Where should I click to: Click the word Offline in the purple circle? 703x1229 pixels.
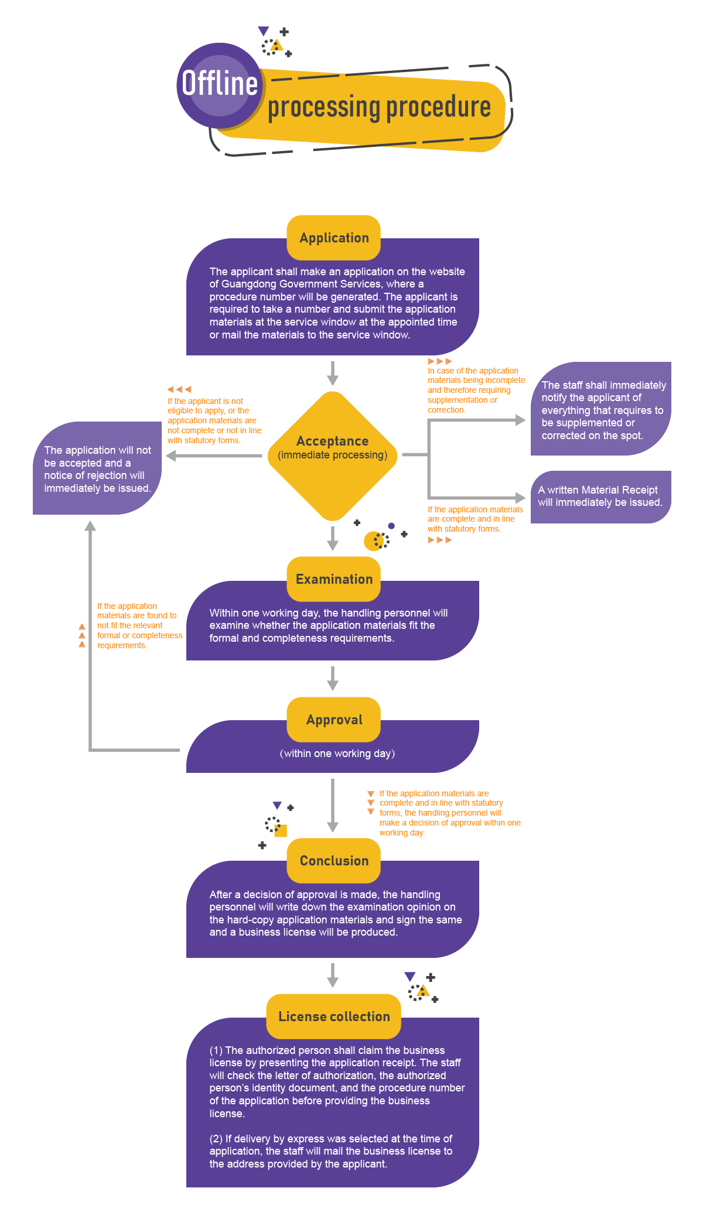pyautogui.click(x=220, y=83)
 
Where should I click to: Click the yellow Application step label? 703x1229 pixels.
pyautogui.click(x=334, y=238)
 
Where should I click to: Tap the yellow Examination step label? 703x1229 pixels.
pyautogui.click(x=334, y=579)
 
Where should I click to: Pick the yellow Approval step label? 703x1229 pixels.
pyautogui.click(x=334, y=720)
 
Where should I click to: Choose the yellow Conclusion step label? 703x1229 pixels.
pyautogui.click(x=334, y=861)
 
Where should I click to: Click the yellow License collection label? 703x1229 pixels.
pyautogui.click(x=334, y=1016)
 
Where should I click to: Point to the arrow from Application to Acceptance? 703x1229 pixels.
pyautogui.click(x=333, y=373)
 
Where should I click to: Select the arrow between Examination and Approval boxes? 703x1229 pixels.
pyautogui.click(x=333, y=678)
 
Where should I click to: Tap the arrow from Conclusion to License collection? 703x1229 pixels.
pyautogui.click(x=333, y=975)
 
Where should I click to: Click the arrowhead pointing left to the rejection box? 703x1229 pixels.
pyautogui.click(x=171, y=456)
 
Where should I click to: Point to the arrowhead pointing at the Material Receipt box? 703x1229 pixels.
pyautogui.click(x=520, y=498)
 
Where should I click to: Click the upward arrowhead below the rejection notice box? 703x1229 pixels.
pyautogui.click(x=90, y=526)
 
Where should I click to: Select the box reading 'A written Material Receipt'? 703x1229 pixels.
pyautogui.click(x=600, y=497)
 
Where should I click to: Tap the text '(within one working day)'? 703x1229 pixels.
pyautogui.click(x=337, y=754)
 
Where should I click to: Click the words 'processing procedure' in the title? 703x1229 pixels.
pyautogui.click(x=379, y=107)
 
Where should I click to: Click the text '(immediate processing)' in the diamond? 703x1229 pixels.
pyautogui.click(x=332, y=456)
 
